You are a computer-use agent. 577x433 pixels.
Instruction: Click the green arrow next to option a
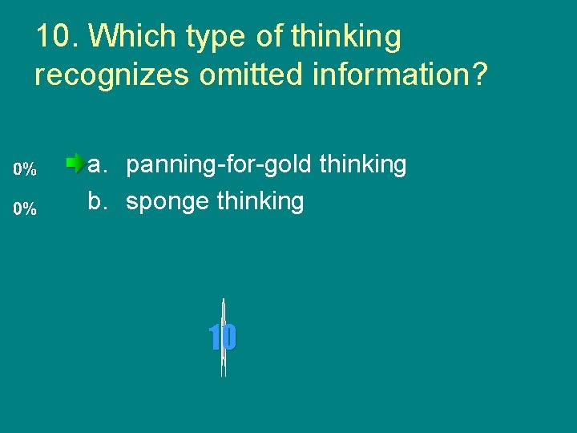(76, 164)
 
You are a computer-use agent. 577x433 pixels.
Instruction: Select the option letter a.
(96, 165)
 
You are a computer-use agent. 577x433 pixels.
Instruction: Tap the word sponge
(168, 203)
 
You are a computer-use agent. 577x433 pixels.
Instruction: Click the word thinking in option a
(363, 166)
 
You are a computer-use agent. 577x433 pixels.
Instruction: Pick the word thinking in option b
(260, 202)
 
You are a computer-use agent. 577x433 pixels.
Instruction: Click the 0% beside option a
(25, 170)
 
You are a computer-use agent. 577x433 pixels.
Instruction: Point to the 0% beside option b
(25, 209)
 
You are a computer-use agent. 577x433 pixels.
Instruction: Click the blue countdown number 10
(223, 338)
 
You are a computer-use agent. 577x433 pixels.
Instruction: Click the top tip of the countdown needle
(223, 300)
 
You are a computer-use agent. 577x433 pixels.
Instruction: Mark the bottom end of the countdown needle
(223, 375)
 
